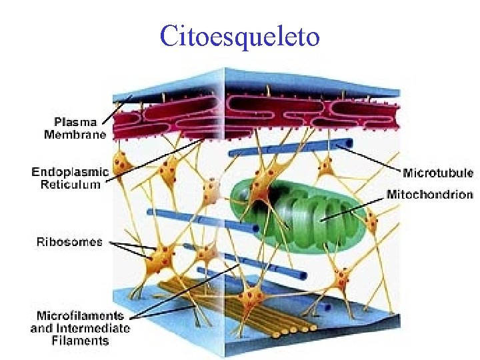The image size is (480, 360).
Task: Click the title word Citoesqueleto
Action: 240,37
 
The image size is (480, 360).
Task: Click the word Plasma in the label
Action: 75,122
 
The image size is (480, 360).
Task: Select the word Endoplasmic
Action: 70,172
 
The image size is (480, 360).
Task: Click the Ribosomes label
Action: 69,242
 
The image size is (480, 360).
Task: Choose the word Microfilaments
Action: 80,315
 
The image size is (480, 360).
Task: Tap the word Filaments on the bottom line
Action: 80,340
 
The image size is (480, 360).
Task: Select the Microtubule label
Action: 438,173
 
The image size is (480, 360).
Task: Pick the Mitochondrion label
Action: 430,195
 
